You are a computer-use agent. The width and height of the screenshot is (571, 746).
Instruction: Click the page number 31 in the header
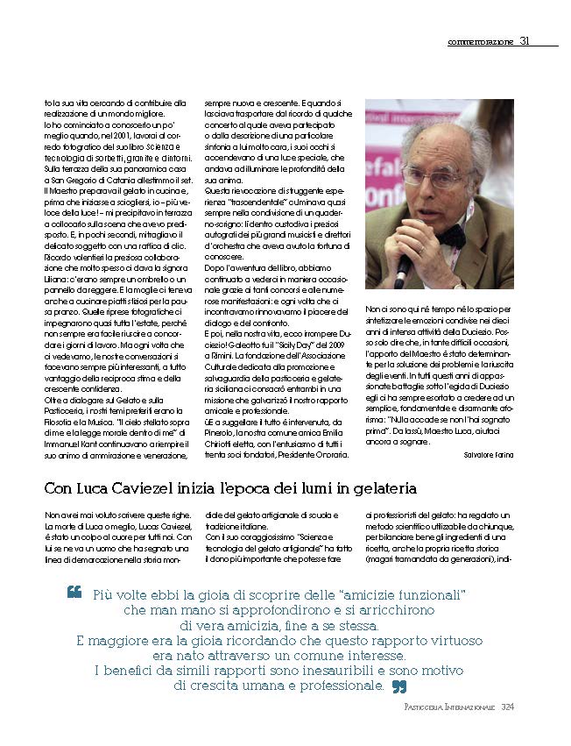[x=525, y=40]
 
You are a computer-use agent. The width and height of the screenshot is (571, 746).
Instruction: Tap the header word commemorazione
[x=480, y=41]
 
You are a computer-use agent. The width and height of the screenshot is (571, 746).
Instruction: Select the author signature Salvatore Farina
[x=489, y=455]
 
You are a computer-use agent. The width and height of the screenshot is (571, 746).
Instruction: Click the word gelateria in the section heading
[x=369, y=487]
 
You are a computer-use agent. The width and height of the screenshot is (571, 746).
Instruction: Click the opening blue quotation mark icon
[x=74, y=593]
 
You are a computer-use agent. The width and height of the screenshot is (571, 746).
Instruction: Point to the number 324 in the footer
[x=508, y=707]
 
